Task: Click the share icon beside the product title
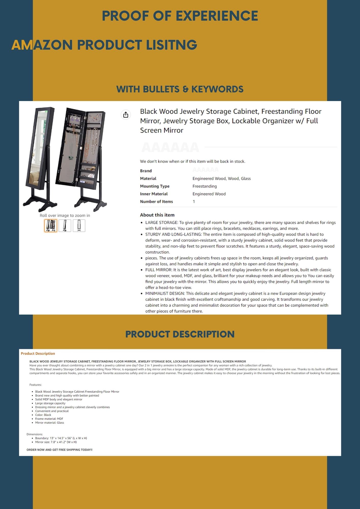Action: click(x=126, y=115)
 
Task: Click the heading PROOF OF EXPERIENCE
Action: click(x=180, y=16)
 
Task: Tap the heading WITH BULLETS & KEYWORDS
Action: click(x=180, y=89)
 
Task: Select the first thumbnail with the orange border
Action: click(x=51, y=225)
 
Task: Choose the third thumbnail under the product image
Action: click(x=79, y=225)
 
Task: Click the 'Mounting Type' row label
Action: click(x=155, y=186)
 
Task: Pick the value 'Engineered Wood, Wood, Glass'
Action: click(x=221, y=179)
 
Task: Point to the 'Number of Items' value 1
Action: click(x=194, y=202)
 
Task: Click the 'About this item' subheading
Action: click(x=157, y=215)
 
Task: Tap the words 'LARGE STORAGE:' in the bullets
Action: click(x=162, y=223)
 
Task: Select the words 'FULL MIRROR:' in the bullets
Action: click(x=159, y=270)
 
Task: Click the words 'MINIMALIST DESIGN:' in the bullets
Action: click(x=165, y=293)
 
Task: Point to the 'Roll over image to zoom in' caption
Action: click(x=65, y=216)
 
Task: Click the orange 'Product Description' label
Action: click(x=38, y=354)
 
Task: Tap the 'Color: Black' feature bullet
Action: click(x=43, y=415)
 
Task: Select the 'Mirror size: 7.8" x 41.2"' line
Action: click(x=56, y=442)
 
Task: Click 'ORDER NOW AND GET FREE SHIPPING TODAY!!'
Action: click(x=60, y=450)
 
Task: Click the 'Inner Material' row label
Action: click(x=154, y=194)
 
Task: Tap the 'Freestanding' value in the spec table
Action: click(x=205, y=186)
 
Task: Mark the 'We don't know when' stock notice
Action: click(x=192, y=161)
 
